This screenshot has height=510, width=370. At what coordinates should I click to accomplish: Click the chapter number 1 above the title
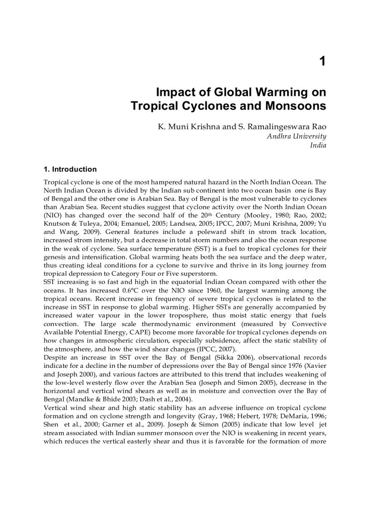[x=322, y=61]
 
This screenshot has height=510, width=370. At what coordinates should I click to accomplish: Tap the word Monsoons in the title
[x=296, y=106]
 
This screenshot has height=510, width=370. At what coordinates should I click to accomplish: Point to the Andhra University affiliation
[x=296, y=136]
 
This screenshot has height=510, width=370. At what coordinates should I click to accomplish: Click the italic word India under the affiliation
[x=318, y=145]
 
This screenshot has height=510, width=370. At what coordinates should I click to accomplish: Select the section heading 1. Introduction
[x=70, y=169]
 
